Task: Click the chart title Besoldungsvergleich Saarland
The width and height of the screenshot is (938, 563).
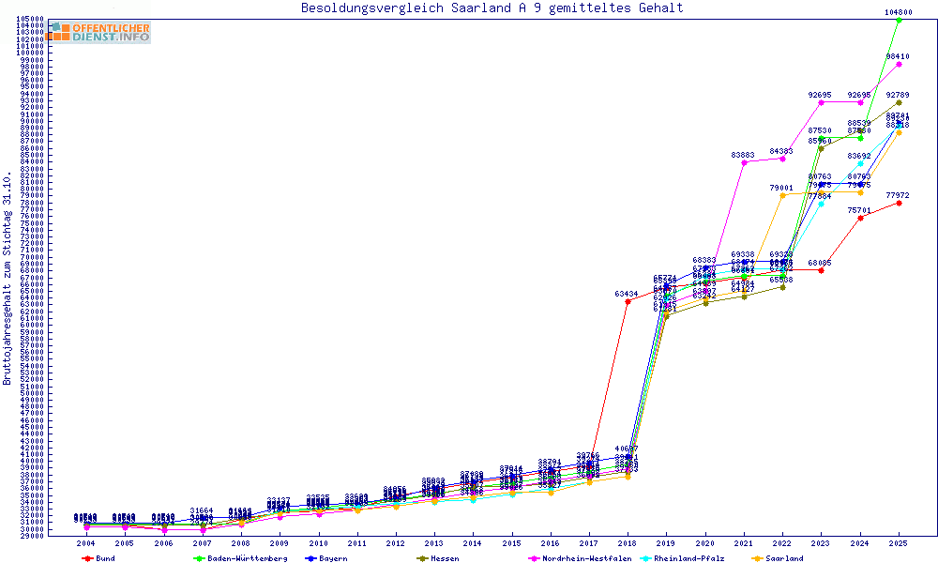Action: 492,8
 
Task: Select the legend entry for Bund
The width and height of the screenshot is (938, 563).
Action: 104,558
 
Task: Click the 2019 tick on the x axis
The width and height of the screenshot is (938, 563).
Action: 666,543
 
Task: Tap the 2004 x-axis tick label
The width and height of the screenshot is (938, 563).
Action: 85,543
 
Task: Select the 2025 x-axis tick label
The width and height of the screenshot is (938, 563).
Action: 899,543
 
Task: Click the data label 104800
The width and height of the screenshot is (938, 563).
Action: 899,12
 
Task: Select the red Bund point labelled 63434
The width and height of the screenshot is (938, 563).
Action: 628,301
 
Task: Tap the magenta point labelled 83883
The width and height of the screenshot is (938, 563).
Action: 744,162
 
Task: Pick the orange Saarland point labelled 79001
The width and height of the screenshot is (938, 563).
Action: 782,195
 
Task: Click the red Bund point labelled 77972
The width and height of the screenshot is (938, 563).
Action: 899,203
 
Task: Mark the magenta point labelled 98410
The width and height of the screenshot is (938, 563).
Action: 899,64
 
